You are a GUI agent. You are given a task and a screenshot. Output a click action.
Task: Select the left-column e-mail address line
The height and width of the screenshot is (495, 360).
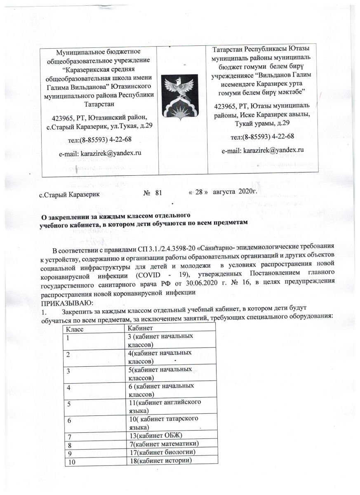click(x=101, y=153)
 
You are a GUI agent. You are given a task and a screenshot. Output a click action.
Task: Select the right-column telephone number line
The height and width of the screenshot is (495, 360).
click(x=263, y=137)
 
